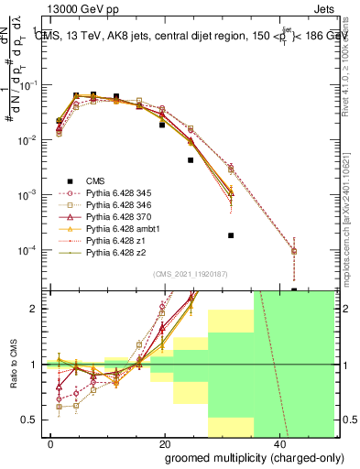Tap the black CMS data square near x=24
point(191,160)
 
